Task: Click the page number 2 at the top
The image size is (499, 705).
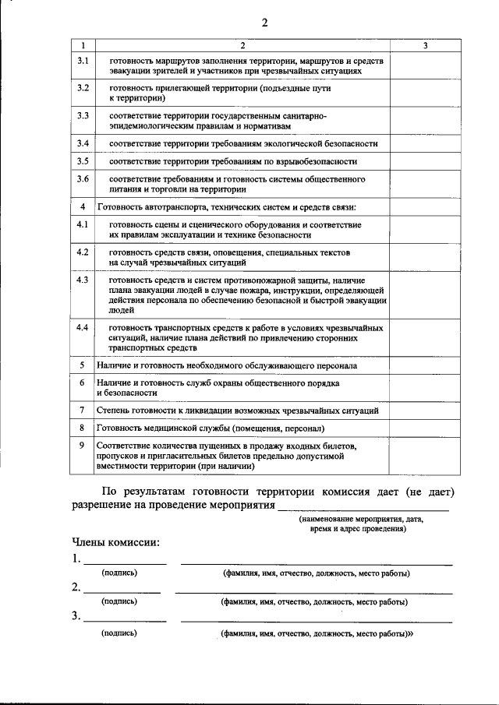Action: pyautogui.click(x=264, y=23)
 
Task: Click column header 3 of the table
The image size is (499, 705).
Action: pyautogui.click(x=425, y=46)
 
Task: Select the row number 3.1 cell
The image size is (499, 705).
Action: pyautogui.click(x=83, y=60)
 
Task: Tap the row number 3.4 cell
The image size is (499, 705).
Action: pyautogui.click(x=83, y=143)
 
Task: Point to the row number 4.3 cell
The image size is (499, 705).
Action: pyautogui.click(x=83, y=280)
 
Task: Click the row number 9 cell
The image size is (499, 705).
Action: pyautogui.click(x=83, y=445)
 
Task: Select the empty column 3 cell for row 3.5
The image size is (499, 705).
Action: pyautogui.click(x=425, y=161)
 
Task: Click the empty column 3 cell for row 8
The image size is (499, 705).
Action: pyautogui.click(x=425, y=428)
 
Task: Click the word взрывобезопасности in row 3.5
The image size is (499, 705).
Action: pyautogui.click(x=319, y=161)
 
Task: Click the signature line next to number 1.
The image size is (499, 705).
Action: pyautogui.click(x=125, y=562)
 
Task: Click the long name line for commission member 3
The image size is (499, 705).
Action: pyautogui.click(x=316, y=621)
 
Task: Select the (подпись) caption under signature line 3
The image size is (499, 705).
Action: pyautogui.click(x=119, y=633)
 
